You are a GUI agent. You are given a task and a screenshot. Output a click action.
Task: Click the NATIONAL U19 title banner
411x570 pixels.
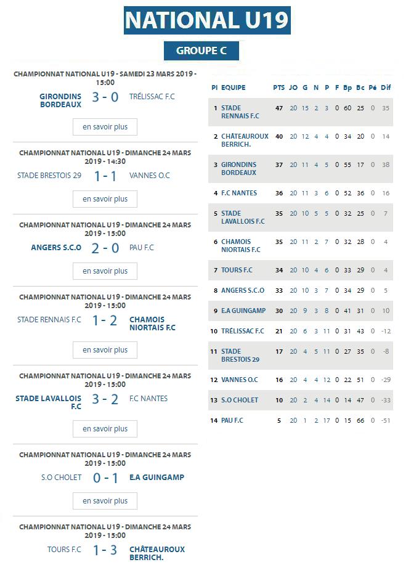[207, 20]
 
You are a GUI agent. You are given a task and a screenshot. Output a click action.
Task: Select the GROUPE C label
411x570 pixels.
[201, 51]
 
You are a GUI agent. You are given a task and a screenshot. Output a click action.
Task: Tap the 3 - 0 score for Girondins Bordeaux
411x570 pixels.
[105, 97]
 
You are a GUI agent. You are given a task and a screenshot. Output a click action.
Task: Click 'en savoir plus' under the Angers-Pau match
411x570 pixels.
[105, 271]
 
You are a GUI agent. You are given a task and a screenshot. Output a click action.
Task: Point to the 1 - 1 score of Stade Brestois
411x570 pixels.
[105, 176]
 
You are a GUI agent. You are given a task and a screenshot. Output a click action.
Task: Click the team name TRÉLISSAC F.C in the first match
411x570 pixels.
[152, 97]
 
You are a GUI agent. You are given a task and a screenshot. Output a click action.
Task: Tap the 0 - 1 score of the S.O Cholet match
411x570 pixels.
[105, 478]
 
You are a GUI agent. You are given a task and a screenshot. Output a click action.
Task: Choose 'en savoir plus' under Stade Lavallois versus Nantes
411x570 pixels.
[105, 429]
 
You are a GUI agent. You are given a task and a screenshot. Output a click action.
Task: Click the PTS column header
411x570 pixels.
[279, 88]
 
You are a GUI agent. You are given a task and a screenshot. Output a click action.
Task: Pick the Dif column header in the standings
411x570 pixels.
[386, 88]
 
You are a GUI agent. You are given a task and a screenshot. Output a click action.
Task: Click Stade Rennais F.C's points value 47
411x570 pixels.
[279, 108]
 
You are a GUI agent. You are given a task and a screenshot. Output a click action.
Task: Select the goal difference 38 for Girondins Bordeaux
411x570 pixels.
[386, 165]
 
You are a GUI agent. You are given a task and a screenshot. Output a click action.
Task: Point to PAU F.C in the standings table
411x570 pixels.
[232, 420]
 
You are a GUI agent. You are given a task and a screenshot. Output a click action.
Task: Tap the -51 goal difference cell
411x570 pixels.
[386, 420]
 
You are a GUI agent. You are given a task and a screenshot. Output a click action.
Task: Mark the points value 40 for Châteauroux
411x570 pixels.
[279, 137]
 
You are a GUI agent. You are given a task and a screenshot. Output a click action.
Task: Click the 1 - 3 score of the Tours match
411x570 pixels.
[105, 550]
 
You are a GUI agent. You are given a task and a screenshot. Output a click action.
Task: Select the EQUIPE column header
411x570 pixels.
[234, 88]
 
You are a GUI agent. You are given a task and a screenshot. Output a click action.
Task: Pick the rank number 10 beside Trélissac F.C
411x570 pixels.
[214, 331]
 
